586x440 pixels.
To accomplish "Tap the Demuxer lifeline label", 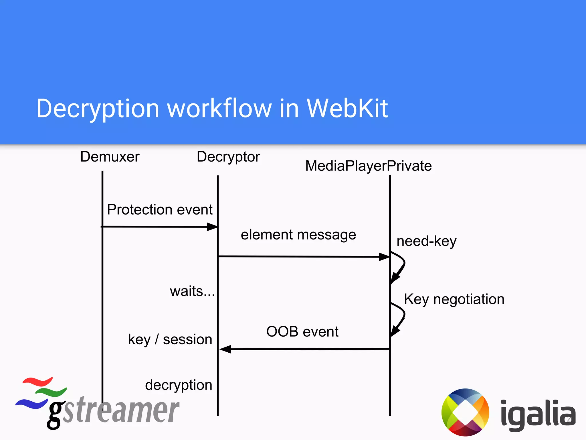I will pos(110,157).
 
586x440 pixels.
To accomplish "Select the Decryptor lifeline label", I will pos(228,157).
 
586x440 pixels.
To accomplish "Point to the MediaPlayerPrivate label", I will pos(368,166).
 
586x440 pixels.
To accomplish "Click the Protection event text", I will pos(160,209).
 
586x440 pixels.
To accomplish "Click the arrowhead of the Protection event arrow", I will pos(212,227).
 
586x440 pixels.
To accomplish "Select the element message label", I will pos(298,235).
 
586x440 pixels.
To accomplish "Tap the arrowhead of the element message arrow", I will pos(384,257).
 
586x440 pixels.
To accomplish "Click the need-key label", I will pos(426,241).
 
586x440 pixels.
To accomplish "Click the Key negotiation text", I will pos(454,299).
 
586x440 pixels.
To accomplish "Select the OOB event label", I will pos(302,332).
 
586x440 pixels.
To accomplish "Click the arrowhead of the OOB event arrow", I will pos(225,349).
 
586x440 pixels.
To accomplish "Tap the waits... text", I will pos(192,291).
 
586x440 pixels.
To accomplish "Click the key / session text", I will pos(170,340).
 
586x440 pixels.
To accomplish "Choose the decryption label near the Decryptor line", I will pos(179,385).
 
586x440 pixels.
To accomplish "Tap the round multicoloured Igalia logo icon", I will pos(465,412).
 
